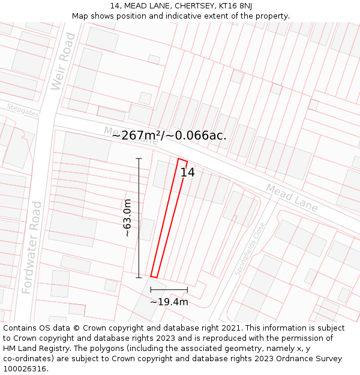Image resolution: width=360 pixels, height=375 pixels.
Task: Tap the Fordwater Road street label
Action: pyautogui.click(x=33, y=247)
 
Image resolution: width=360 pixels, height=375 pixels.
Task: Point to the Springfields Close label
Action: pyautogui.click(x=250, y=249)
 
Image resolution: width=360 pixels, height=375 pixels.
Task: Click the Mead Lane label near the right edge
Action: pyautogui.click(x=292, y=197)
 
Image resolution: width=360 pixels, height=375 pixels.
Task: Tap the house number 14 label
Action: pyautogui.click(x=188, y=173)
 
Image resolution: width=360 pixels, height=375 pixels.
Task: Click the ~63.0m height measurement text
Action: pyautogui.click(x=127, y=218)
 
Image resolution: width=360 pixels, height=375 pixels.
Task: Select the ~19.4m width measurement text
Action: pyautogui.click(x=169, y=302)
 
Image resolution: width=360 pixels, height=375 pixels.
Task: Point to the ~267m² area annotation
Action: pyautogui.click(x=169, y=136)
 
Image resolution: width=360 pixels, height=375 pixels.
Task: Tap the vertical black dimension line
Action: pyautogui.click(x=139, y=218)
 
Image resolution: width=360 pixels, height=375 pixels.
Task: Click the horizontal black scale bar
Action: pyautogui.click(x=169, y=289)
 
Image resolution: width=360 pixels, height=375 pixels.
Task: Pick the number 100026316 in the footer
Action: pyautogui.click(x=26, y=369)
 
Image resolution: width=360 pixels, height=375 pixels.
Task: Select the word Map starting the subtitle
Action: pyautogui.click(x=80, y=16)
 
